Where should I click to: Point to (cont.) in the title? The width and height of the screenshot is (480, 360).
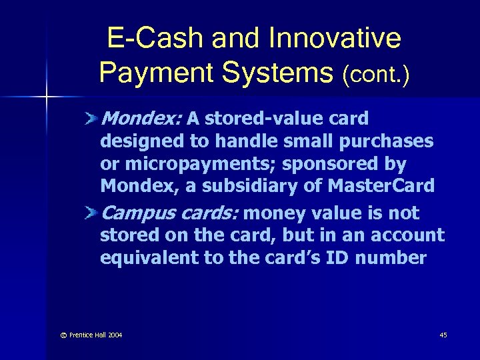pyautogui.click(x=375, y=75)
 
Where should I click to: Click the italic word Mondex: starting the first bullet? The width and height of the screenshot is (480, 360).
pyautogui.click(x=141, y=119)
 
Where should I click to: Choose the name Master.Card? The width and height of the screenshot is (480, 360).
pyautogui.click(x=381, y=187)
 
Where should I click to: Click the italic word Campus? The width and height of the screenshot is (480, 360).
pyautogui.click(x=136, y=213)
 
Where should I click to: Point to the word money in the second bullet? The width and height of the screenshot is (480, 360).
pyautogui.click(x=273, y=213)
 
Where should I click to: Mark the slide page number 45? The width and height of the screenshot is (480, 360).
pyautogui.click(x=443, y=335)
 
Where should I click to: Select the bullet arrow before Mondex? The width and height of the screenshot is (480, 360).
pyautogui.click(x=91, y=119)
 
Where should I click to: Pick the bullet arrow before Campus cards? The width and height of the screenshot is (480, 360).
pyautogui.click(x=91, y=213)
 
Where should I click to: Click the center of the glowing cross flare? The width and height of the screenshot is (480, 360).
pyautogui.click(x=46, y=98)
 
